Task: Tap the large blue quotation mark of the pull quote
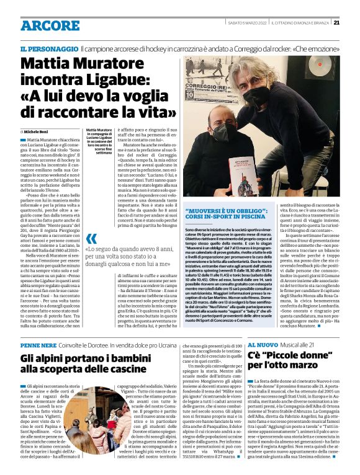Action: pyautogui.click(x=92, y=239)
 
